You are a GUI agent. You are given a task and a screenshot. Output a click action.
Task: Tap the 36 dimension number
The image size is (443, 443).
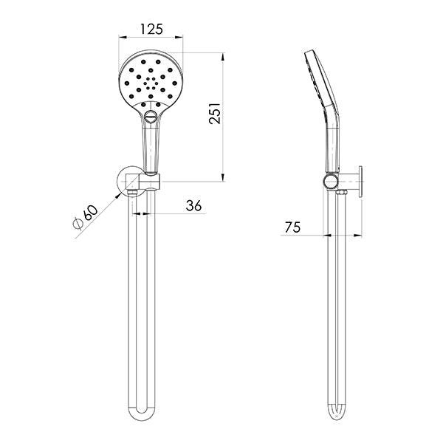pos(193,206)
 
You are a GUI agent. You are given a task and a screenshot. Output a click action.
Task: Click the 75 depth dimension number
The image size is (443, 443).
pos(292,227)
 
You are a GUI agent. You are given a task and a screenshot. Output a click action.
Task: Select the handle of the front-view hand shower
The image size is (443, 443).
pos(151,148)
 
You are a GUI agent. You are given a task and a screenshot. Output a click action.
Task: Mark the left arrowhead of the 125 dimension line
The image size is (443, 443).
pos(120,38)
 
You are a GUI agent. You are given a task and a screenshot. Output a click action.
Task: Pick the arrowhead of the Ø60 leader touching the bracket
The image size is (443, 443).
pos(120,193)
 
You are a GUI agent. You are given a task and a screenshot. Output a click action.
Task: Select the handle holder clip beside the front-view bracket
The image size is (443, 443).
pos(153,181)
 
